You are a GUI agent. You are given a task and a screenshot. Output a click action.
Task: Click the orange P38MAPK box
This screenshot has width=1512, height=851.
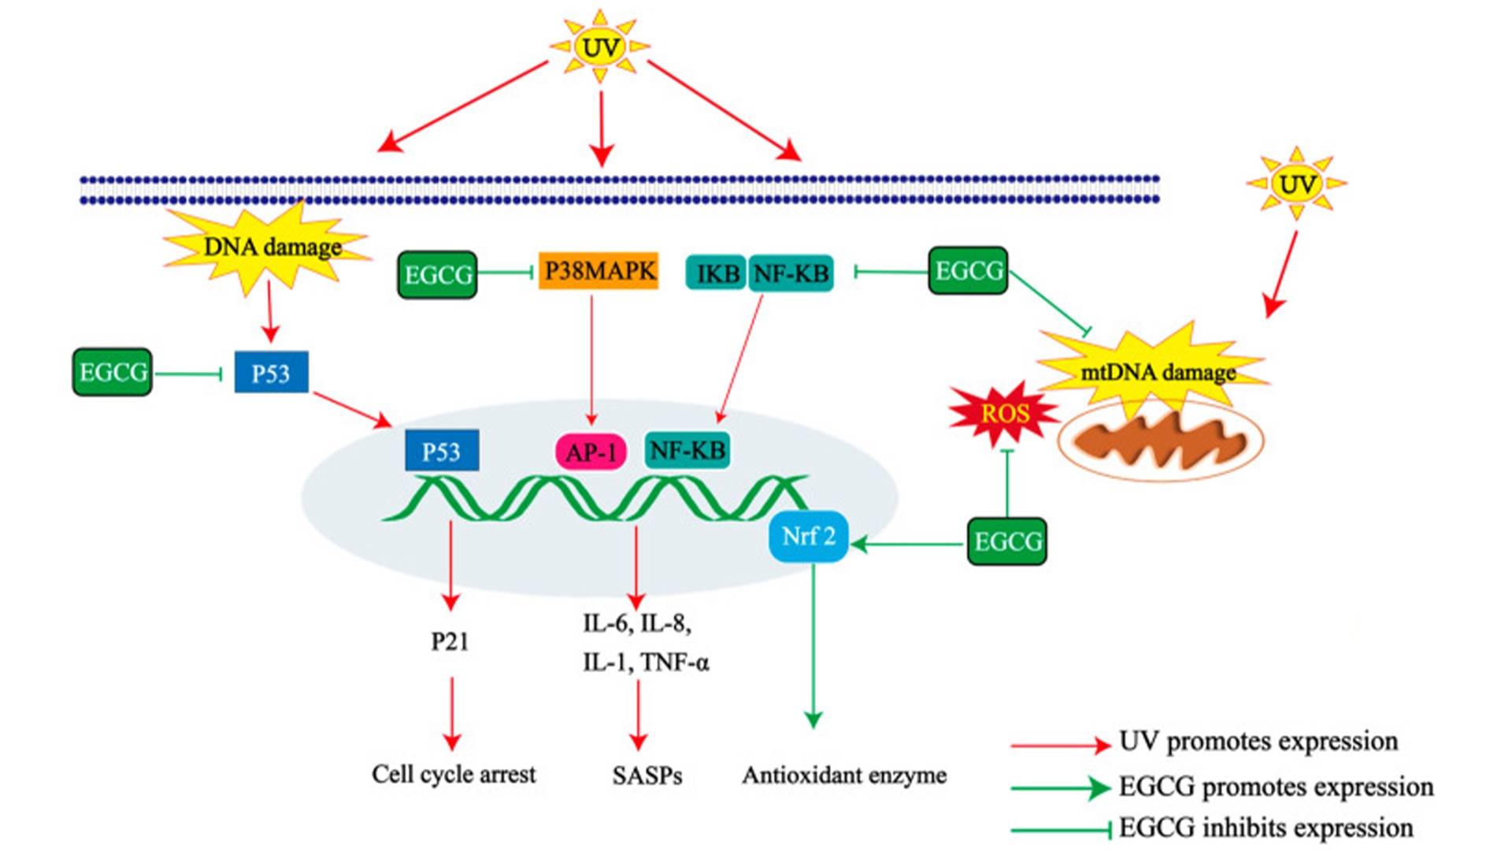point(598,271)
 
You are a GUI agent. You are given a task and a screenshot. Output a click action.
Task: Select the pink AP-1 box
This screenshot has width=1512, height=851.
point(591,452)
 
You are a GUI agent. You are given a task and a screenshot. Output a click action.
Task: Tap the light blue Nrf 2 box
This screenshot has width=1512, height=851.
point(808,537)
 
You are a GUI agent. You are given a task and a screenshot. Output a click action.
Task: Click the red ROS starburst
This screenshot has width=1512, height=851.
point(1005,413)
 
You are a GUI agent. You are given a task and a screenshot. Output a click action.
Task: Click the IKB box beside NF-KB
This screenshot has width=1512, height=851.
point(717,273)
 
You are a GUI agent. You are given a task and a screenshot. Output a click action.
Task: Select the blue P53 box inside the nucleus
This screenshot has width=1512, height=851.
point(441,451)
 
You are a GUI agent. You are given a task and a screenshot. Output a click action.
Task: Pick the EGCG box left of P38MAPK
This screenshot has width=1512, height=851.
point(437,274)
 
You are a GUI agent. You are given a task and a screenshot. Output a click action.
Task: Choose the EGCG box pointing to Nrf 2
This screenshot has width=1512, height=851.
point(1007,541)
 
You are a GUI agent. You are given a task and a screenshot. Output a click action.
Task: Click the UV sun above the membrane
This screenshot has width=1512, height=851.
point(600,47)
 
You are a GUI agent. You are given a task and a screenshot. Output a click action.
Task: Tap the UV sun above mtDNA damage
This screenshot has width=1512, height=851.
point(1296,184)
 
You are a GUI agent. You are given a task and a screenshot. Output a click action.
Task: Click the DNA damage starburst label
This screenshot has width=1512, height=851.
point(272,247)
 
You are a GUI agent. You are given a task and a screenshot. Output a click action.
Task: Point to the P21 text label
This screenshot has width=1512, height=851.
point(450,642)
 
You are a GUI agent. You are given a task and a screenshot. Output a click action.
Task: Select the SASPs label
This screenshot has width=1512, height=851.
point(647,775)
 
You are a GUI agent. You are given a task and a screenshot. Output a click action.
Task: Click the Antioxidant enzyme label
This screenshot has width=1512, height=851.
point(843,775)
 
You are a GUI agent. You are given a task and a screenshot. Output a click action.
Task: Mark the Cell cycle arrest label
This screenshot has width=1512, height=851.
point(454,774)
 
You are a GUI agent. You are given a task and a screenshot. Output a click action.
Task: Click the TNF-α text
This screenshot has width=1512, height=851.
point(675,662)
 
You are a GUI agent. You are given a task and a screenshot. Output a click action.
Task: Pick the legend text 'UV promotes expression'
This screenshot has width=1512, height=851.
point(1258,741)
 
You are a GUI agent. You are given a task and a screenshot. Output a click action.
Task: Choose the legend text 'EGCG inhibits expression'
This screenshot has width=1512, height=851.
point(1266,828)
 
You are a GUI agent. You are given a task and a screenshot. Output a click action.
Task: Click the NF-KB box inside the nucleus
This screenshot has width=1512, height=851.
point(687,451)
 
